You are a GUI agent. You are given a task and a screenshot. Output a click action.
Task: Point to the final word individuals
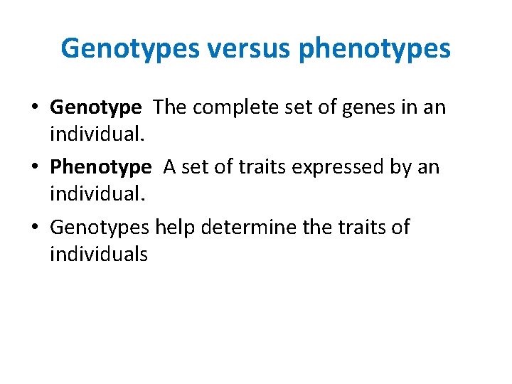(x=99, y=254)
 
